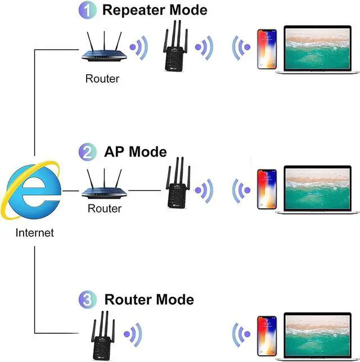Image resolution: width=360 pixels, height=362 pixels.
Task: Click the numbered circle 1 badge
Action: [x=88, y=10]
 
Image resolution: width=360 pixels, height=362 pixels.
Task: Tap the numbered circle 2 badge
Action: [x=88, y=152]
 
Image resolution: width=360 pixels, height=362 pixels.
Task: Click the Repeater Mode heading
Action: [x=155, y=10]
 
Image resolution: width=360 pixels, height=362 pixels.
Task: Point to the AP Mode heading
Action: [x=136, y=152]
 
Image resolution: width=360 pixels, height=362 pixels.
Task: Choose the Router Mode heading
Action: [x=149, y=300]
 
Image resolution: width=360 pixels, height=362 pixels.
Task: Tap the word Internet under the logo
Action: [x=35, y=233]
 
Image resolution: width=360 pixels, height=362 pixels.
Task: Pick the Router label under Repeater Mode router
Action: [x=102, y=79]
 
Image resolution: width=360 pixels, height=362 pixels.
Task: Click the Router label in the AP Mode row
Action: [x=105, y=209]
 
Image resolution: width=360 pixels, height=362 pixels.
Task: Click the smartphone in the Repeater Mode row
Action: [x=267, y=48]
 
